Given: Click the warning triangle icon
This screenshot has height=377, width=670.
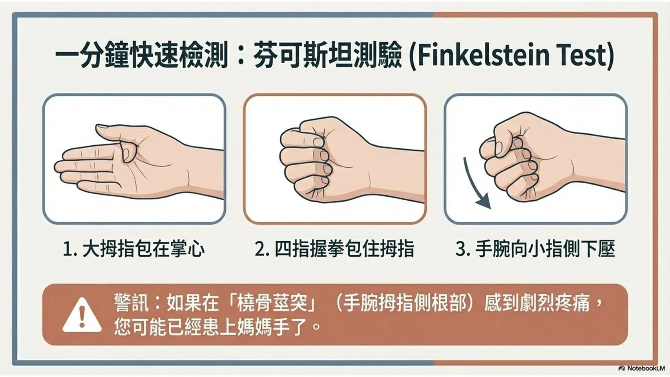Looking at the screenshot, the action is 82,315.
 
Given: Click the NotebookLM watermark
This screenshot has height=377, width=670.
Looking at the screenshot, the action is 641,368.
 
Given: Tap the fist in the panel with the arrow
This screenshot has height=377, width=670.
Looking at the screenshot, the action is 526,159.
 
